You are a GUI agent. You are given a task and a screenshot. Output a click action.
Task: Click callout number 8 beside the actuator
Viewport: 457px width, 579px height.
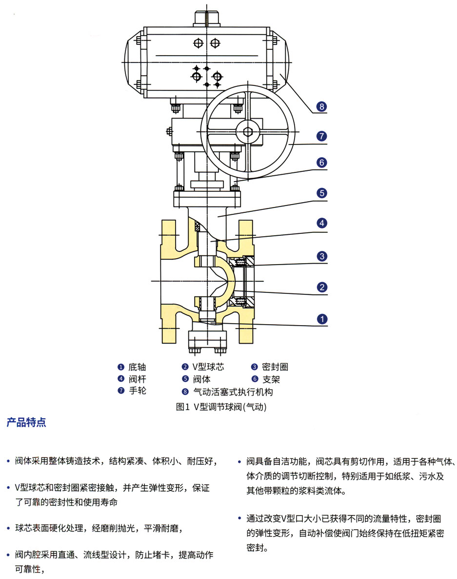(x=321, y=106)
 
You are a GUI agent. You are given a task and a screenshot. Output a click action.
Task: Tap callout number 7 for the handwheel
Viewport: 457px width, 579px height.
(x=321, y=136)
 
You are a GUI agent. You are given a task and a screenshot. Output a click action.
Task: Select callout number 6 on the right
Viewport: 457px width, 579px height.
(x=321, y=163)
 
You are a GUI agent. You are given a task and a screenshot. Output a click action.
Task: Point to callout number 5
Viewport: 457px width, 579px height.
(x=321, y=193)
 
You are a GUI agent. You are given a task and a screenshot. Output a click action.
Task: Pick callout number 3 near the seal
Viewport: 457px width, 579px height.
(x=321, y=256)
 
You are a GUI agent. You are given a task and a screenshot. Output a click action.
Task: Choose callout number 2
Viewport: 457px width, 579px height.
(x=321, y=287)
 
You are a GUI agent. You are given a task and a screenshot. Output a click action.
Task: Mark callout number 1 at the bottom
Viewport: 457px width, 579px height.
(x=321, y=319)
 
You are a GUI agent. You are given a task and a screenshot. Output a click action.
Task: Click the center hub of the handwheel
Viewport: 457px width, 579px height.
(x=248, y=132)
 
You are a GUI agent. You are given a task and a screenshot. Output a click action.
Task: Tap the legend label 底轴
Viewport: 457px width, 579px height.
(x=137, y=367)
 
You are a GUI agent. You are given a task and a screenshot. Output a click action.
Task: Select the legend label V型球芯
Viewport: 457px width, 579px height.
(x=208, y=367)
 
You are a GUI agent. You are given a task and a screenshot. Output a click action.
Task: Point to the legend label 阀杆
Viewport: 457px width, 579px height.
(x=137, y=379)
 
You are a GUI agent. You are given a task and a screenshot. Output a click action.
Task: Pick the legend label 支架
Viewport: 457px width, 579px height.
(x=271, y=379)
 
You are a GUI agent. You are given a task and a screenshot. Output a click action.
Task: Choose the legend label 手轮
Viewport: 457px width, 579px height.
(x=137, y=391)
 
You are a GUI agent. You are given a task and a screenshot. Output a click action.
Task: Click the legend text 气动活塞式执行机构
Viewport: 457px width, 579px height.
(x=233, y=392)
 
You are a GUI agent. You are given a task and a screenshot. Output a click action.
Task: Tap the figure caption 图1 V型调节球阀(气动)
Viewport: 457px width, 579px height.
(x=221, y=406)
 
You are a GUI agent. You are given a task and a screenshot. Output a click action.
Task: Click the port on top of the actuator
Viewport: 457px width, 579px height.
(x=208, y=19)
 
